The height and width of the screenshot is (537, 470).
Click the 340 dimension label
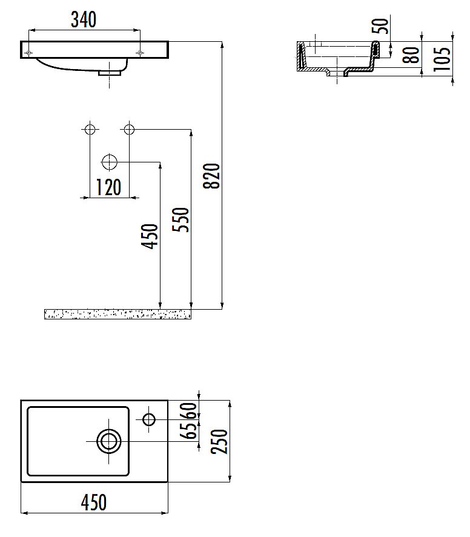[x=84, y=20]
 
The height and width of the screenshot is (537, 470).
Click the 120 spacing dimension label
[x=109, y=188]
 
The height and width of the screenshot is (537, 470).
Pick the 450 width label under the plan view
[x=94, y=502]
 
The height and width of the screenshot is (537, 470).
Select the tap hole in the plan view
[x=149, y=418]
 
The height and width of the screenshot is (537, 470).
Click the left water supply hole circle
[x=90, y=128]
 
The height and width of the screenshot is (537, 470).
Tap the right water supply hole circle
[x=128, y=128]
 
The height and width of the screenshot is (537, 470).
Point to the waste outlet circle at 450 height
[x=109, y=162]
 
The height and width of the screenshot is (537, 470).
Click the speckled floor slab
[x=117, y=313]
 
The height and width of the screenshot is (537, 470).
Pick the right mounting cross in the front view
[x=141, y=53]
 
